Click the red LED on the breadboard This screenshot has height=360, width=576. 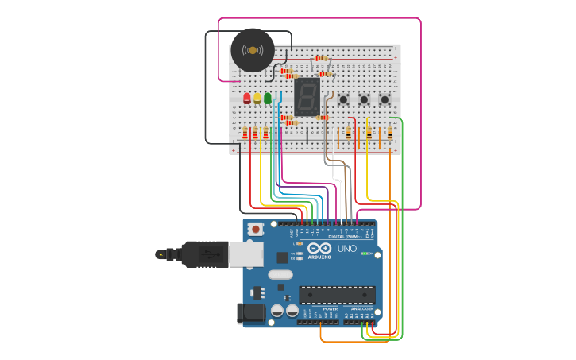(247, 98)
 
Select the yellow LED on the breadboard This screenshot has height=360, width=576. (257, 98)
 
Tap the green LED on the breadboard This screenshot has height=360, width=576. (268, 98)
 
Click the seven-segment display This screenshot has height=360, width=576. (307, 96)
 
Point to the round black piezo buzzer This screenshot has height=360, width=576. (253, 50)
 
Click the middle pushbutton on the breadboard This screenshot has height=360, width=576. (364, 99)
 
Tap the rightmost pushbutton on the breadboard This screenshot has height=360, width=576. (385, 99)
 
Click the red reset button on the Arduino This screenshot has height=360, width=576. (256, 229)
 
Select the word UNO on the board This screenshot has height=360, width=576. (347, 249)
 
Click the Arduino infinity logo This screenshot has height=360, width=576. (319, 248)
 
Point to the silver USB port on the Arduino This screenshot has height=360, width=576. (245, 254)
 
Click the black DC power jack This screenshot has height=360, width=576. (252, 313)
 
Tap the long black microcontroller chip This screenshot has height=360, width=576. (337, 295)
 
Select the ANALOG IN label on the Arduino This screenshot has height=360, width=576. (362, 308)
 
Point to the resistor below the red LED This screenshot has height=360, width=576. (245, 134)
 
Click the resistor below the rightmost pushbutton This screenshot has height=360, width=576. (390, 133)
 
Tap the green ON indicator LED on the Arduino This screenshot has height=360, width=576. (363, 254)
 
